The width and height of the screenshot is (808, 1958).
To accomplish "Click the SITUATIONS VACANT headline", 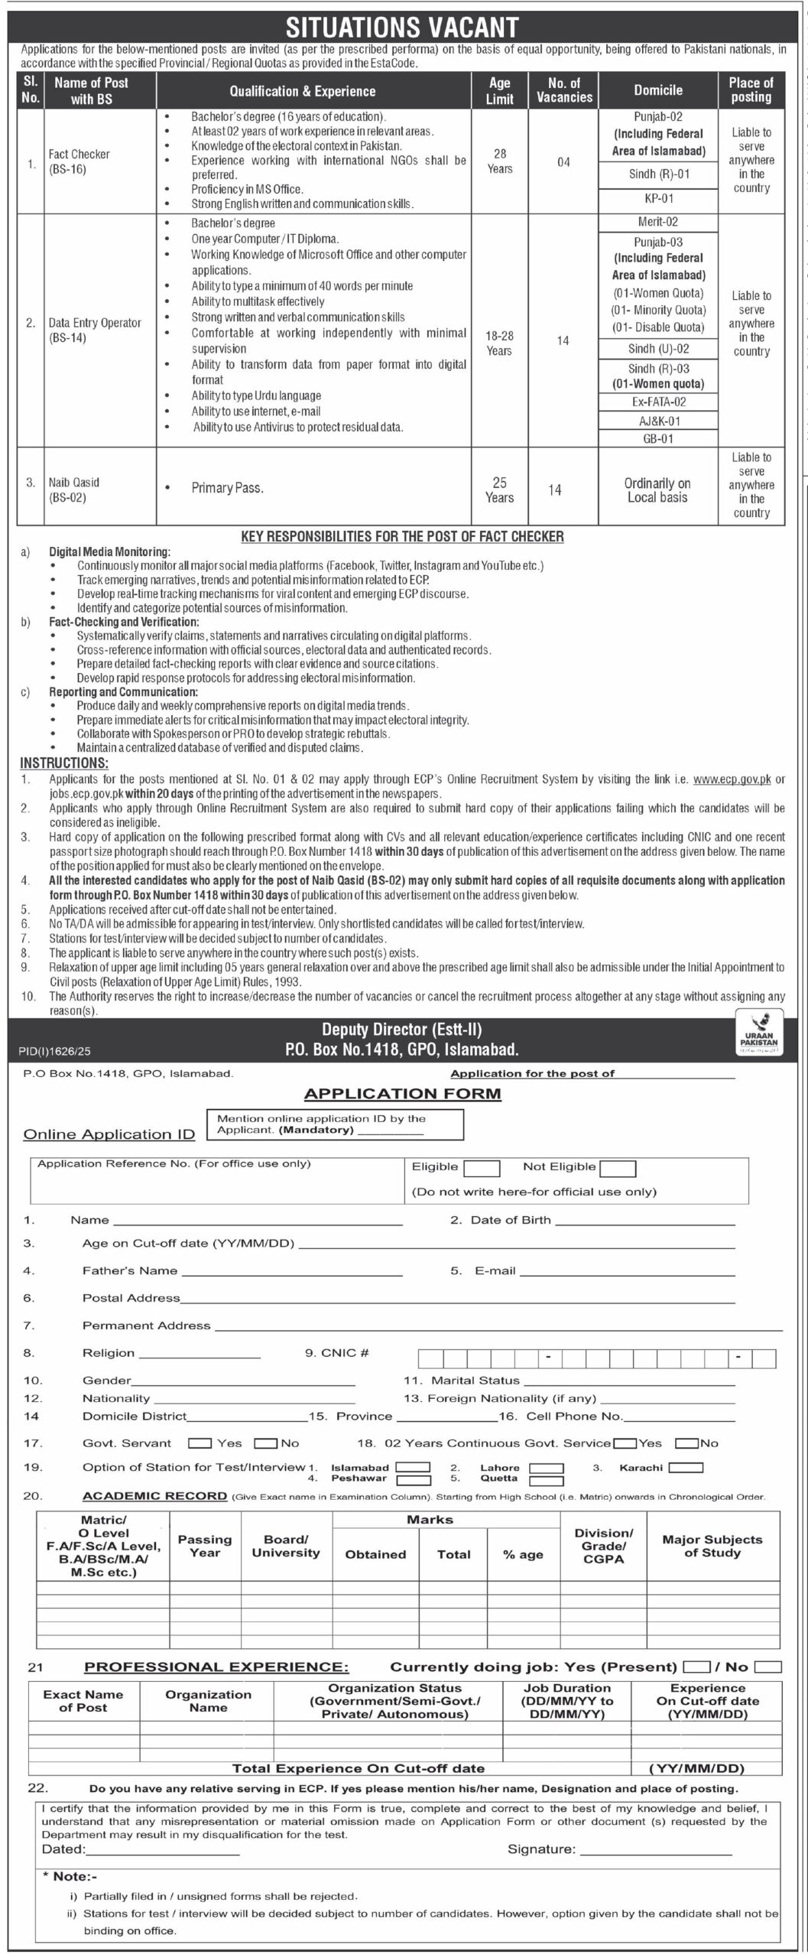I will coord(402,28).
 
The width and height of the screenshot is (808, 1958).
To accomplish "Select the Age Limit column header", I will coord(499,90).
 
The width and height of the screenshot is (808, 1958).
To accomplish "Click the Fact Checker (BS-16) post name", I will coord(80,161).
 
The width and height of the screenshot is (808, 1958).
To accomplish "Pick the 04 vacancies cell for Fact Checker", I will coord(563,162).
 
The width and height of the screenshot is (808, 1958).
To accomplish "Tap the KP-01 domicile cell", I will coord(657,198).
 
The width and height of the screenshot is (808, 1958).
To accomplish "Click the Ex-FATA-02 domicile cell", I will coord(657,402).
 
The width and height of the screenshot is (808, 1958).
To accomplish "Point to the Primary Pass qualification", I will coord(227,488).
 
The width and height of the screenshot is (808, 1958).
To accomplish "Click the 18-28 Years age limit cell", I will coord(499,343).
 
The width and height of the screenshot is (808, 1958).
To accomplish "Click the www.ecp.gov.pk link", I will coord(732,779).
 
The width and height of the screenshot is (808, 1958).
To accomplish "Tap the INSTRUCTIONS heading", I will coord(64,763).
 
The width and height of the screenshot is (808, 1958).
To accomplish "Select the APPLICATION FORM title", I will coord(403,1094).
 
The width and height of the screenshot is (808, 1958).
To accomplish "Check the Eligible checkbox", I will coord(482,1168).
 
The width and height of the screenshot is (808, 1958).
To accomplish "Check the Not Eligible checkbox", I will coord(618,1168).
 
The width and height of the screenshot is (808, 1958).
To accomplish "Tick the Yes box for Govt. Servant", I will coord(200,1443).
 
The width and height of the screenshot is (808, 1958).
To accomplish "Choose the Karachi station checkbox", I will coord(686,1468).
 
